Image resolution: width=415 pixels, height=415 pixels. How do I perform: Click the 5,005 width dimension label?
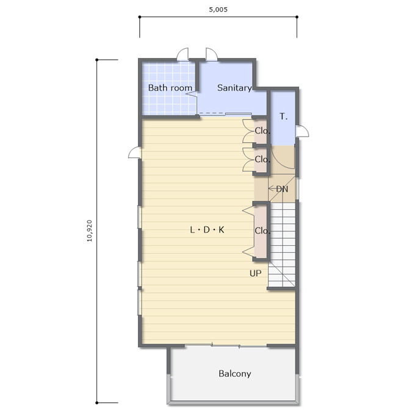(218, 10)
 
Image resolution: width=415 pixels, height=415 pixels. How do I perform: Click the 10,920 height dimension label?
(90, 231)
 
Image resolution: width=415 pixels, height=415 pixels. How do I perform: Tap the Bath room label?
(170, 88)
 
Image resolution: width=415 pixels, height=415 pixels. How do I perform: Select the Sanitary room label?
(234, 88)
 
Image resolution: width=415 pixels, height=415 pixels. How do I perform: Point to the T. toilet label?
(283, 116)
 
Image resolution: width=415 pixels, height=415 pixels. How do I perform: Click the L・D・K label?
(207, 229)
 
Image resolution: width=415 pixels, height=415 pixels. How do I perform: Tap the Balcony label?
(235, 374)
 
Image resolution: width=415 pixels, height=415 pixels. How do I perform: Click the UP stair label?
(255, 273)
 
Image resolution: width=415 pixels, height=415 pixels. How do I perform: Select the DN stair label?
(282, 189)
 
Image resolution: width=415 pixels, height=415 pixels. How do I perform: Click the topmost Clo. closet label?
(262, 131)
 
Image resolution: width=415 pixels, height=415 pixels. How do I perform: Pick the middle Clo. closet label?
(262, 159)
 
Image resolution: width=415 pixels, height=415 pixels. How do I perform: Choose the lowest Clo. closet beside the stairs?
(262, 231)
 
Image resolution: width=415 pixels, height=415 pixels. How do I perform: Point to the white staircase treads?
(283, 245)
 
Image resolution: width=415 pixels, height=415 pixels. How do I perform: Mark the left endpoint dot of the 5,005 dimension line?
(140, 17)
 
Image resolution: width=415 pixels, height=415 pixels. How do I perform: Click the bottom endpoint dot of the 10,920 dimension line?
(97, 403)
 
